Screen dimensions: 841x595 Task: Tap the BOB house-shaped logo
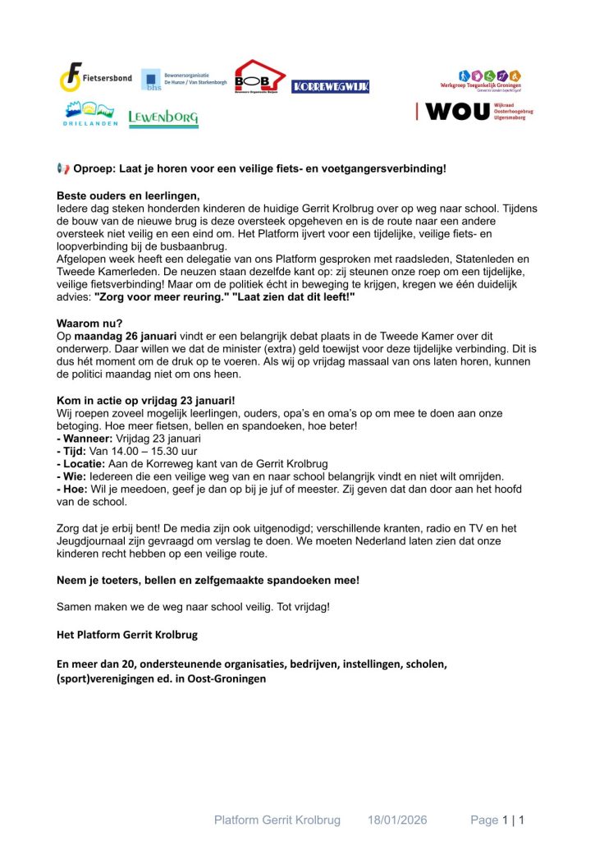coord(259,78)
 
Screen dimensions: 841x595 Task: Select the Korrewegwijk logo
coord(330,86)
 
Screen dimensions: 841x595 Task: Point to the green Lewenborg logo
coord(163,118)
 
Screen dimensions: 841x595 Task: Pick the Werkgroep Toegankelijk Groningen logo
coord(492,80)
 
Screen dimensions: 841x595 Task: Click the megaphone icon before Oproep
coord(62,168)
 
